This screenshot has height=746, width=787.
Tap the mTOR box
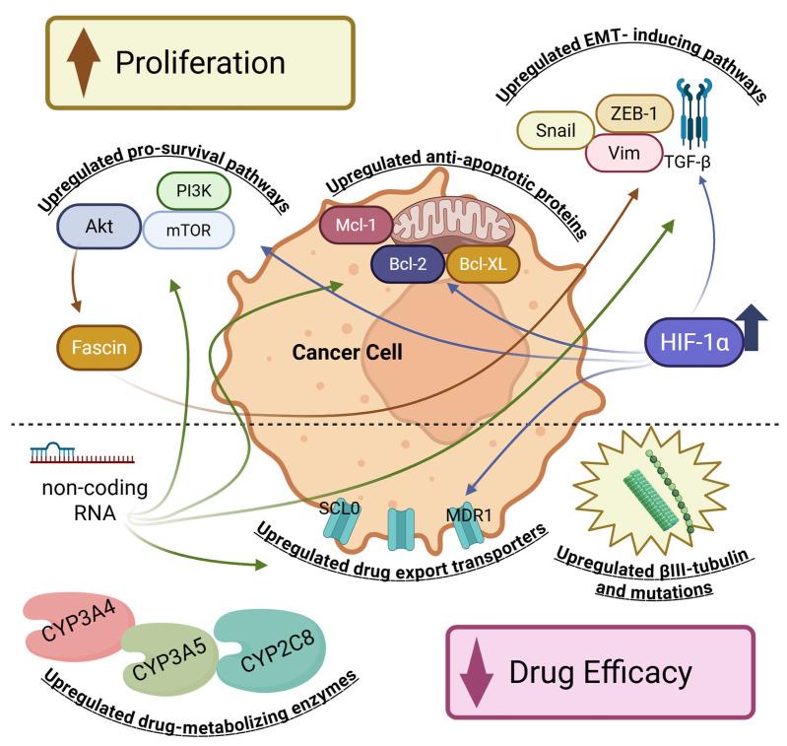(190, 231)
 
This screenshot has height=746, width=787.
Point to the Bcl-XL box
(482, 265)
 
